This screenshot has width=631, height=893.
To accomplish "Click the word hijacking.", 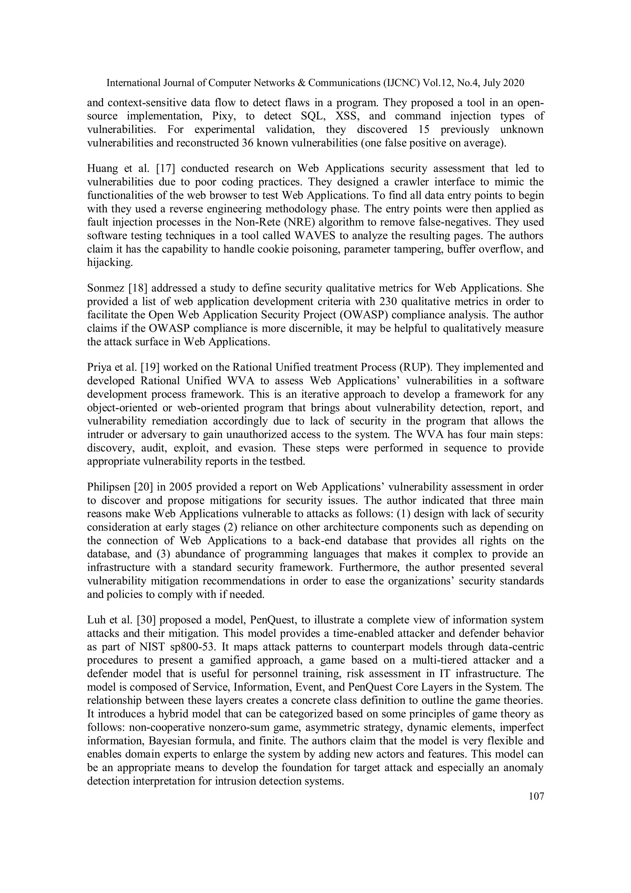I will tap(110, 263).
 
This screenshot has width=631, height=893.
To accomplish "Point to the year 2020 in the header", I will tap(514, 83).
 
